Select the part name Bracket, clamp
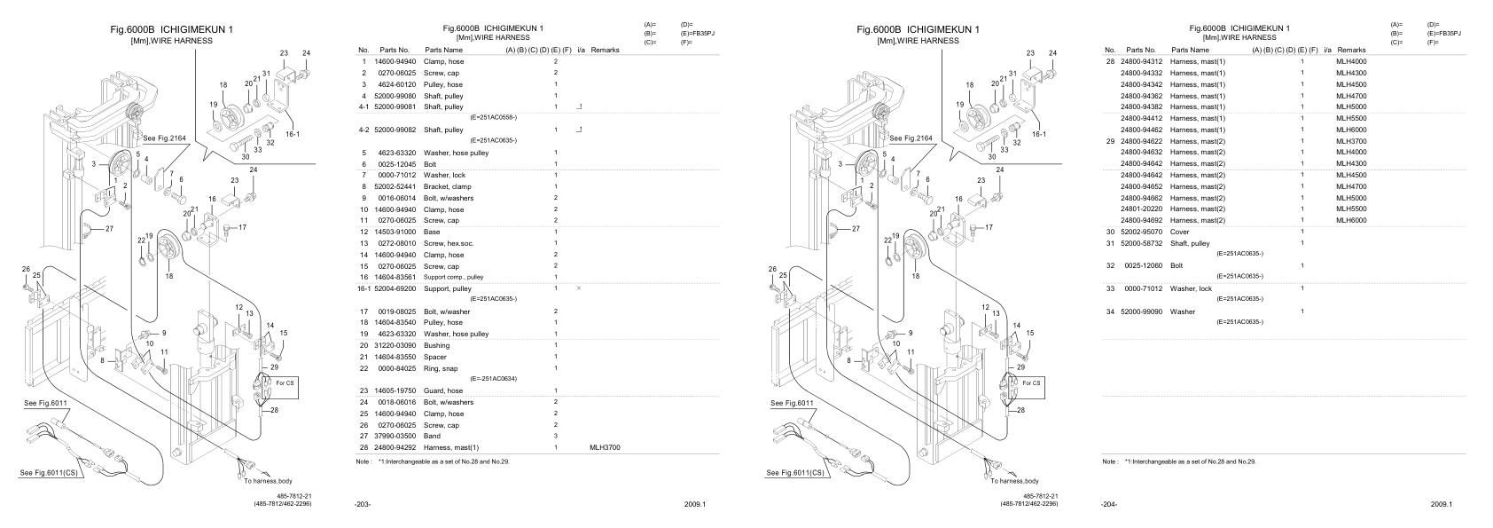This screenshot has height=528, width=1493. point(442,186)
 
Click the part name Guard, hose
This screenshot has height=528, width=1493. point(443,390)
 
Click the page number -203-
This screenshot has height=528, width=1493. point(363,504)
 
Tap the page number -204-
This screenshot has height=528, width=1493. point(1109,504)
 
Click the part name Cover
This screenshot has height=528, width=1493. point(1180,232)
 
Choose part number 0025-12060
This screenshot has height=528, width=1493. point(1137,265)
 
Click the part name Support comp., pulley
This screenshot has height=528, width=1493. point(453,277)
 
